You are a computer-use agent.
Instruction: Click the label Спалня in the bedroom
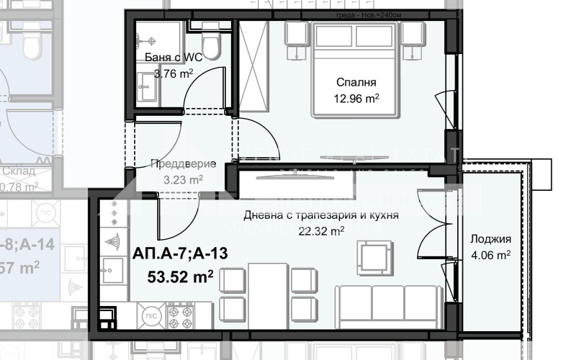click(356, 83)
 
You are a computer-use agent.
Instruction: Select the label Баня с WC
click(168, 57)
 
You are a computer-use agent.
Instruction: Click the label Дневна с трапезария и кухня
click(321, 215)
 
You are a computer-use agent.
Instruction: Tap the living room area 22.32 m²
click(320, 230)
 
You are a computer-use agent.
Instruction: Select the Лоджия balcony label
click(490, 239)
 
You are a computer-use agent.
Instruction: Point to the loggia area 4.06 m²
click(490, 254)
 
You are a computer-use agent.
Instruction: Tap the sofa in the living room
click(390, 303)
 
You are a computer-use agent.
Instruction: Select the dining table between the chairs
click(268, 292)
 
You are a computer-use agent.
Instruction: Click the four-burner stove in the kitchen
click(180, 314)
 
